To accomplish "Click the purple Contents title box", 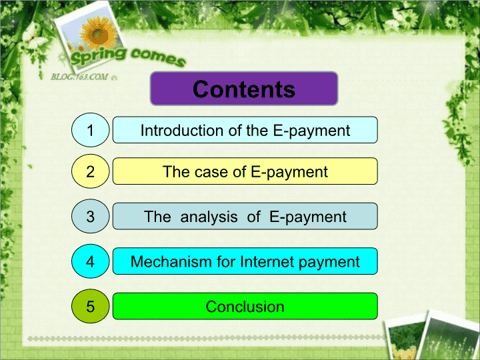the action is tap(244, 89).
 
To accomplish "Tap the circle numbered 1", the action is tap(90, 130).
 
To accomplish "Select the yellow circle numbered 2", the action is tap(90, 171).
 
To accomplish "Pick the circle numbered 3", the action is tap(90, 216).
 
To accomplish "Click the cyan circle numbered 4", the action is tap(90, 261).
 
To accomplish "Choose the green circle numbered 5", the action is tap(90, 306).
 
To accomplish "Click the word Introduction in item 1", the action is tap(182, 131).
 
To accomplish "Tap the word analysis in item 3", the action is tap(209, 217).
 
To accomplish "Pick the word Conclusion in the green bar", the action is tap(245, 307).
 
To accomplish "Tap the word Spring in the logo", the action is tap(98, 56).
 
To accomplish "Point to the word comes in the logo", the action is tap(158, 58).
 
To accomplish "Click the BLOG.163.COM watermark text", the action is tap(79, 77).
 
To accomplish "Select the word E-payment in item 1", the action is tap(311, 131).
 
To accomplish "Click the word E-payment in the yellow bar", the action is tap(289, 173).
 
